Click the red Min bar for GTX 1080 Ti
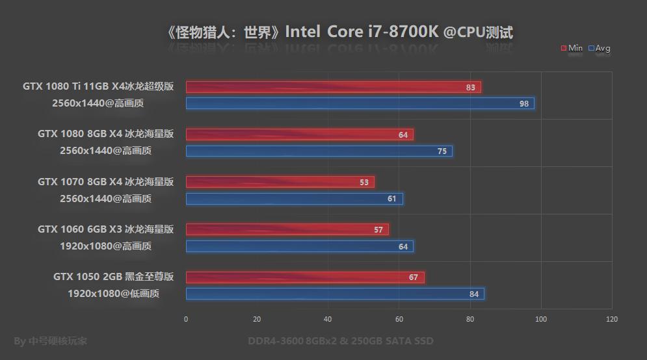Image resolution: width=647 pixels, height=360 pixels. (x=333, y=87)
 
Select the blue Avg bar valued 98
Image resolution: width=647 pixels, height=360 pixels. (x=360, y=103)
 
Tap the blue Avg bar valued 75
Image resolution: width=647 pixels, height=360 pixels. (x=319, y=151)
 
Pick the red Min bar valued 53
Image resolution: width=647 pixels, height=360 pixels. (x=280, y=183)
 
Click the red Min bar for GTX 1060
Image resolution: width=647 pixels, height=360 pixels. (x=287, y=229)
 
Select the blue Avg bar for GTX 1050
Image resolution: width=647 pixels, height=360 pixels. (x=335, y=294)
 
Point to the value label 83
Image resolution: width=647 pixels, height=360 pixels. (x=471, y=87)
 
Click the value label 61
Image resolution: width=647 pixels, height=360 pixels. (x=392, y=199)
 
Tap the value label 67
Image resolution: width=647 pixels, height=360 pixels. (x=414, y=277)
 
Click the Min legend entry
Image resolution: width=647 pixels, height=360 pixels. (x=572, y=48)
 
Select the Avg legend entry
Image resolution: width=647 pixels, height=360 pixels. (x=600, y=48)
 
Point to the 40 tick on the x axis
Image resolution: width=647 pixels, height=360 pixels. (x=328, y=319)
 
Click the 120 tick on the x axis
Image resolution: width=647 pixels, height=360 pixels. (x=611, y=319)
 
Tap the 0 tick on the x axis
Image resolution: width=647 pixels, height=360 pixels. (x=186, y=319)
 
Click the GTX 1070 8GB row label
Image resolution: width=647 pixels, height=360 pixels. (x=105, y=182)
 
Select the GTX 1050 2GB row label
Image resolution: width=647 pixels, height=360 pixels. (x=113, y=277)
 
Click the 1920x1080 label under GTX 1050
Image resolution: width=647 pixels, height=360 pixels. (x=113, y=293)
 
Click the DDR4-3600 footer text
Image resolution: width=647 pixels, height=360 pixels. (x=340, y=341)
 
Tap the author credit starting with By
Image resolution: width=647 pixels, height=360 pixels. (x=50, y=341)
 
